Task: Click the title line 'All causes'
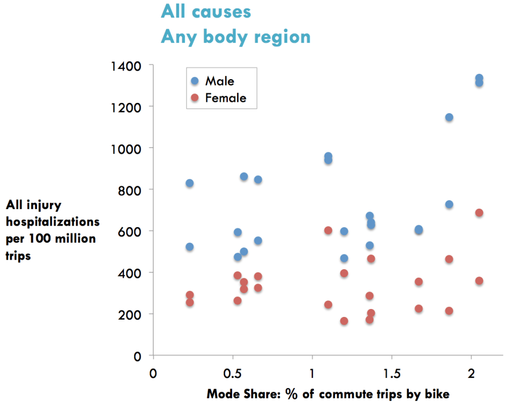[206, 11]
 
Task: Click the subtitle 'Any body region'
[235, 37]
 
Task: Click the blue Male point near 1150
[449, 117]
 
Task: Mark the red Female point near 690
[479, 213]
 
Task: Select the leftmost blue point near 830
[189, 183]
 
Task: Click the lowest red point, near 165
[344, 321]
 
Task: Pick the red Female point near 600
[328, 230]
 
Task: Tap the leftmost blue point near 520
[189, 247]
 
